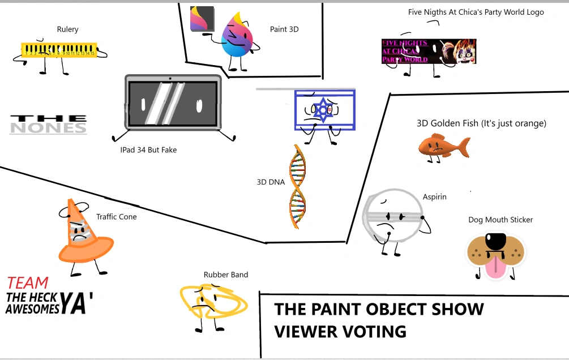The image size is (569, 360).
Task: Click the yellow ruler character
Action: (x=59, y=50)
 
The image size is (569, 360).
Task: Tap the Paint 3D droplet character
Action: (x=237, y=36)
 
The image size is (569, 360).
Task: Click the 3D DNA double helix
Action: (x=297, y=187)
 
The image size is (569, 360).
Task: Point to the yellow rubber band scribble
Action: (x=213, y=301)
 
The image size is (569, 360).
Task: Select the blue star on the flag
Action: (x=323, y=110)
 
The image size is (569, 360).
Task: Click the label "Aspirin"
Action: (x=434, y=196)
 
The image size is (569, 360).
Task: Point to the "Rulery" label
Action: (x=67, y=29)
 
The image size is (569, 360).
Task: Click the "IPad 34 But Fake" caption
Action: (x=148, y=150)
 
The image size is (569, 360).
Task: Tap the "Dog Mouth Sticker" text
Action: (x=500, y=220)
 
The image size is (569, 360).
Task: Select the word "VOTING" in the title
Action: (x=374, y=331)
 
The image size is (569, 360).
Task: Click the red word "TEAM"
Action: (x=28, y=283)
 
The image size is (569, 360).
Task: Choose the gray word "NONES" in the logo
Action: (x=48, y=128)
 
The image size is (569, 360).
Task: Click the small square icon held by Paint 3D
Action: (x=202, y=19)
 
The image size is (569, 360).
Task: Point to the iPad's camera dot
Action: (x=170, y=78)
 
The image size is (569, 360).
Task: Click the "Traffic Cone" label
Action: (x=116, y=217)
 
